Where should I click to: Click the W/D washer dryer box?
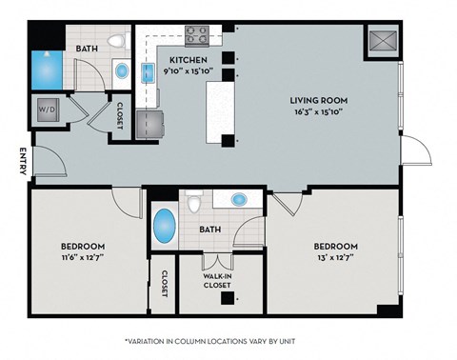[47, 110]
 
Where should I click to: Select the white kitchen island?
[219, 105]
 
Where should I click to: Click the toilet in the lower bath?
[194, 203]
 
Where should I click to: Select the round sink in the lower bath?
[239, 200]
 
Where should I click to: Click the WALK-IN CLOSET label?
[216, 280]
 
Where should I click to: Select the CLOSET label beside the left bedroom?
[163, 283]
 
